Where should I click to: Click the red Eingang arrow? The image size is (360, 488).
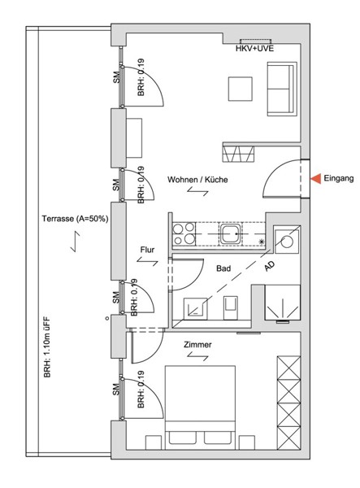coord(316,179)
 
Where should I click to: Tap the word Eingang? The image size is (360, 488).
coord(339,178)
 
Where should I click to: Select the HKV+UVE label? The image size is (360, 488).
coord(254,49)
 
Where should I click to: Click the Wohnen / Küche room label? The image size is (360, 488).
coord(197,180)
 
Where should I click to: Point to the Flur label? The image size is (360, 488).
coord(147,250)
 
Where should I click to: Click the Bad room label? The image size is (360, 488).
coord(223,268)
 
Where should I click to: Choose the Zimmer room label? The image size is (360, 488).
coord(197,345)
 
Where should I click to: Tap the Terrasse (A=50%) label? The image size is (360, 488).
coord(76,219)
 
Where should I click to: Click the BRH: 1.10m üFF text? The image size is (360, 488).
coord(47,347)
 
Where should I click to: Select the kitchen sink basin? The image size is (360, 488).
coord(230,233)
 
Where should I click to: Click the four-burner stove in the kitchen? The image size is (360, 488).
coord(184,233)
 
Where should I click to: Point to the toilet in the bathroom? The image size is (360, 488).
coord(231,307)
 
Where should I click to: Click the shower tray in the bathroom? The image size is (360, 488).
coord(283,303)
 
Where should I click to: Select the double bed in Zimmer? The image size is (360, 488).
coord(200,407)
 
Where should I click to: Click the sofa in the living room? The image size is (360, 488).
coord(282,89)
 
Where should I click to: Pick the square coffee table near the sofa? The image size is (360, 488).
coord(241,89)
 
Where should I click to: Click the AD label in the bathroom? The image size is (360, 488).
coord(270,266)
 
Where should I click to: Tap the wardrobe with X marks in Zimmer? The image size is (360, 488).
coord(288,403)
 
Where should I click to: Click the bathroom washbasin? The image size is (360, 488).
coord(196,308)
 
